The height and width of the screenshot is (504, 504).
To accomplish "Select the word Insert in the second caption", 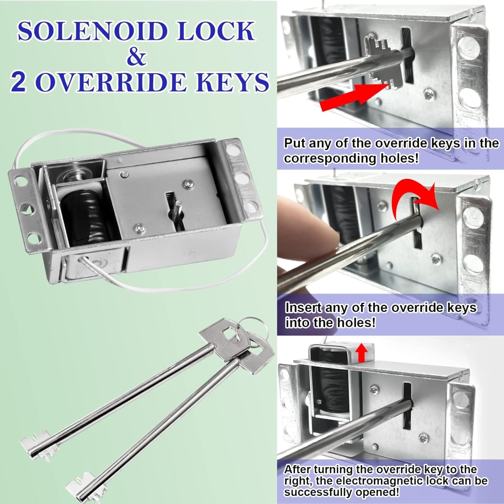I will (303, 308).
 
